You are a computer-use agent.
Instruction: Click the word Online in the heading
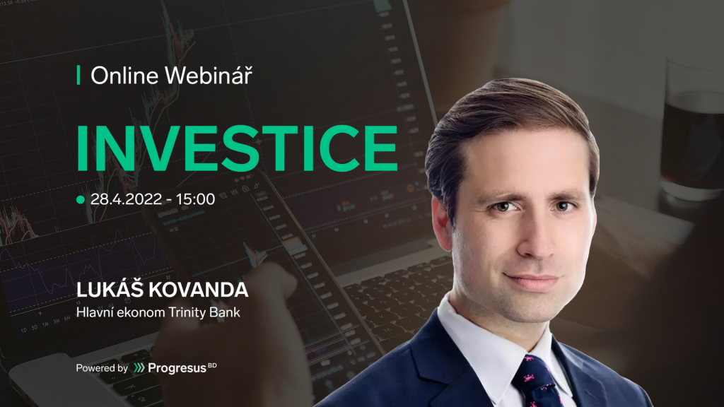(x=124, y=76)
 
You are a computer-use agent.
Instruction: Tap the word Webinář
(x=209, y=75)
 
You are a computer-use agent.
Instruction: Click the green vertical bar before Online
(x=78, y=75)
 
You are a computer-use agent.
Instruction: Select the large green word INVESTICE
(x=237, y=148)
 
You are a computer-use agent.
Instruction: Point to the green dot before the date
(x=81, y=199)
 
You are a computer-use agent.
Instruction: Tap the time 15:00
(x=195, y=199)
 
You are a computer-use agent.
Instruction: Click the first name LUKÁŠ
(x=110, y=289)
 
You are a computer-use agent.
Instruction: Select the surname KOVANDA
(x=199, y=290)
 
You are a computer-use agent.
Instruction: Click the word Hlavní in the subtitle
(x=95, y=312)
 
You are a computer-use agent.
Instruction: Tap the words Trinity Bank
(x=204, y=312)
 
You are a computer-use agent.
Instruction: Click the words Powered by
(x=102, y=368)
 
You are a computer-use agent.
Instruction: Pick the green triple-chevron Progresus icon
(x=139, y=367)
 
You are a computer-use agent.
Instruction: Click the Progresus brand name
(x=177, y=368)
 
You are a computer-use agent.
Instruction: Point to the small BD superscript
(x=212, y=365)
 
